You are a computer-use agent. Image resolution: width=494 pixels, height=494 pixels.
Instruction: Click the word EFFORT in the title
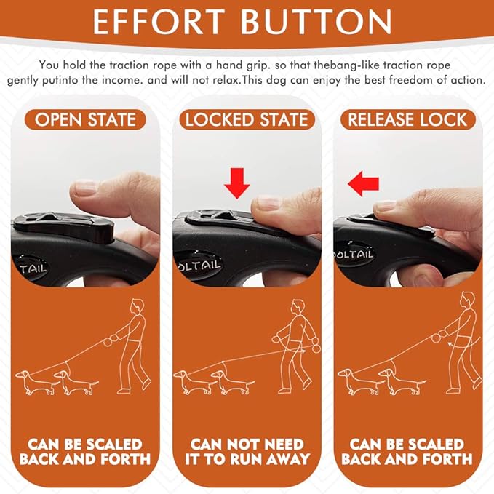pyautogui.click(x=159, y=21)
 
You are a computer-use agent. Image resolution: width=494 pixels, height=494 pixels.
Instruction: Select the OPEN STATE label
pyautogui.click(x=85, y=120)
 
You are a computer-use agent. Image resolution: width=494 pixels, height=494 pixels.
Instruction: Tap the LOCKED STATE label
pyautogui.click(x=247, y=120)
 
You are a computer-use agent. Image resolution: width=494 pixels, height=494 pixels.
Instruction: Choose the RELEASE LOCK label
pyautogui.click(x=407, y=120)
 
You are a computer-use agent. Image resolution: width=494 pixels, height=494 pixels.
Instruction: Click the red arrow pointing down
pyautogui.click(x=237, y=183)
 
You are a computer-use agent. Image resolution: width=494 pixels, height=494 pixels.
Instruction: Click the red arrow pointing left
pyautogui.click(x=363, y=183)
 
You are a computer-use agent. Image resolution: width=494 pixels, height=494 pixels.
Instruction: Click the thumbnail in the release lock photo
pyautogui.click(x=385, y=206)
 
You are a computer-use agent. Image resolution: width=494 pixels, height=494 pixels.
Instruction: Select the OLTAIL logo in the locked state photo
pyautogui.click(x=199, y=266)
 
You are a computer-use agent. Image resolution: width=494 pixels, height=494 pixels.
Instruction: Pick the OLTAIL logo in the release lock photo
pyautogui.click(x=354, y=254)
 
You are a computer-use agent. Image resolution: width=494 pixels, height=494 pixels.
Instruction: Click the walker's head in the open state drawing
pyautogui.click(x=138, y=306)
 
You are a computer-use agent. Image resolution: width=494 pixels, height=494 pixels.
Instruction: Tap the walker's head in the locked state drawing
pyautogui.click(x=298, y=306)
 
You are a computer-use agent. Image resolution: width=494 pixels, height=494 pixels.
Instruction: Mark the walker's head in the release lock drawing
pyautogui.click(x=468, y=299)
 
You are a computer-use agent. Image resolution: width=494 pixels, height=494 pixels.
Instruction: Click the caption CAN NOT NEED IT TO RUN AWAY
pyautogui.click(x=247, y=452)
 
